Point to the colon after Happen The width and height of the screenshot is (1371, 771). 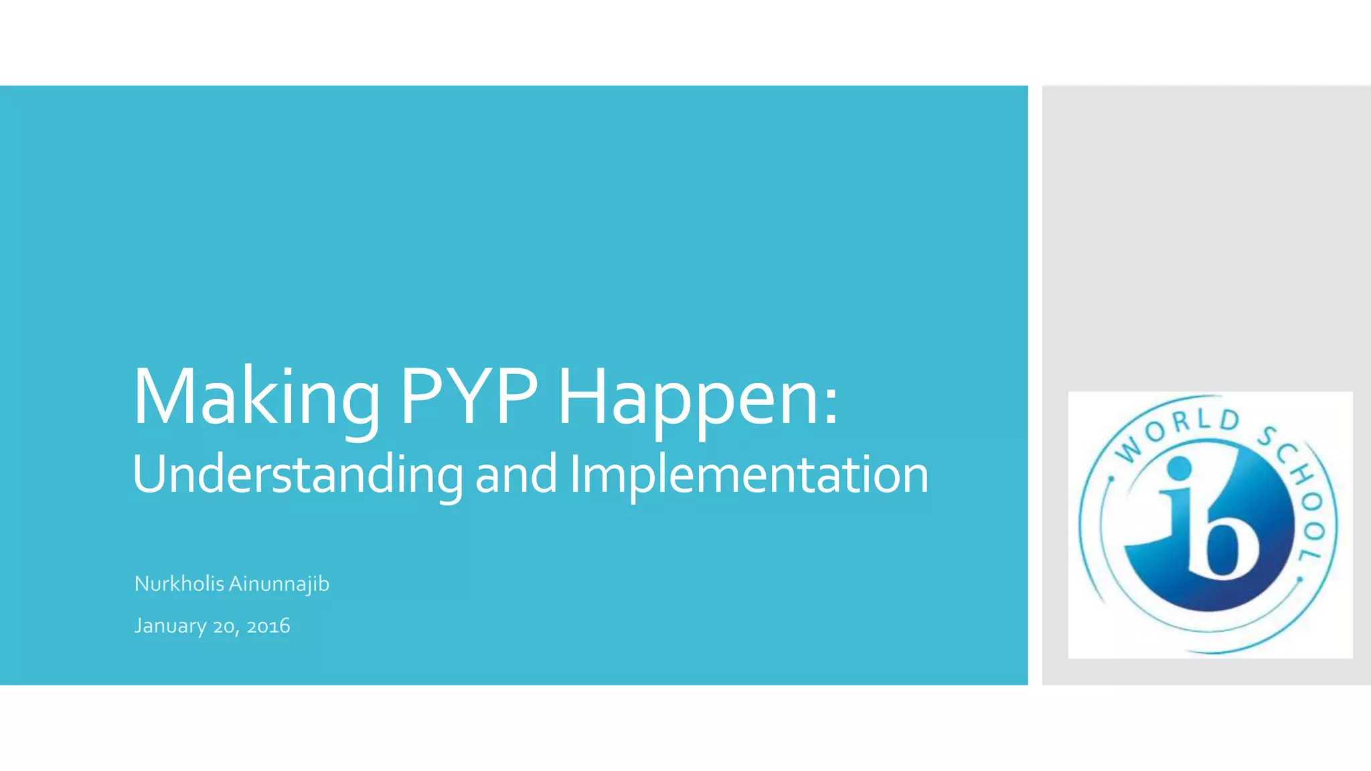pos(831,407)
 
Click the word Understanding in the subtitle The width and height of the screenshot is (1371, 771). pos(297,475)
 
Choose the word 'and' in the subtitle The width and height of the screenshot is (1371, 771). pos(515,475)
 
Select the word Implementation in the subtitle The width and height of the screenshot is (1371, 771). pos(749,475)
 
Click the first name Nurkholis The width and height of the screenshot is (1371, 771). pos(179,584)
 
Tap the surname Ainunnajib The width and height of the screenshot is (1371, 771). pos(279,584)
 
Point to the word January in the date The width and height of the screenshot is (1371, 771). pos(170,626)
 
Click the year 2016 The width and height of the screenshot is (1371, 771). pos(268,626)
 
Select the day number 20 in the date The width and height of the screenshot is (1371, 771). pos(223,626)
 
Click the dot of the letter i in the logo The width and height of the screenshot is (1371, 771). pos(1178,468)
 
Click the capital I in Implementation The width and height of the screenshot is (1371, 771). pos(575,473)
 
